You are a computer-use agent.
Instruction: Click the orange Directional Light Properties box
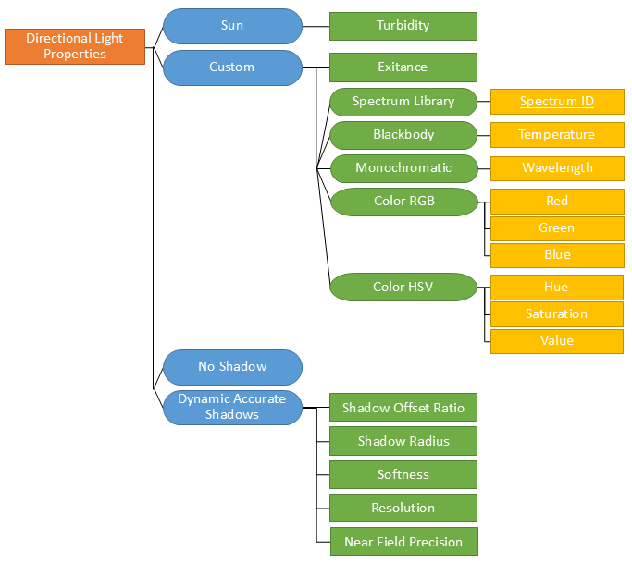tap(75, 46)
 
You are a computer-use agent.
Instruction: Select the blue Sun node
tap(232, 26)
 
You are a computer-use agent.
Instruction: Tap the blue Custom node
tap(232, 67)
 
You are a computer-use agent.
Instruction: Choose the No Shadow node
tap(232, 367)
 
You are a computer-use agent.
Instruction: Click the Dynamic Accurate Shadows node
tap(232, 408)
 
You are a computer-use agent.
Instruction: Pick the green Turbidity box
tap(403, 26)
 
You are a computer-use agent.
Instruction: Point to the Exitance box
tap(403, 67)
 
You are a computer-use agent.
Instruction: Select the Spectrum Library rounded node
tap(403, 102)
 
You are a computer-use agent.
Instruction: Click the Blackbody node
tap(403, 135)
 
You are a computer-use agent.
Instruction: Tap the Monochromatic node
tap(403, 168)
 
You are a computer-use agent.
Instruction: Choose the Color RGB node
tap(403, 202)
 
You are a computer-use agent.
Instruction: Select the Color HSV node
tap(403, 288)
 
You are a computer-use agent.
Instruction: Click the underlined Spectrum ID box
tap(557, 102)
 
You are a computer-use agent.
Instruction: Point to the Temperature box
tap(557, 135)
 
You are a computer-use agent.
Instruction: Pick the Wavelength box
tap(557, 168)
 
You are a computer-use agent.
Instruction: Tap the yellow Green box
tap(557, 228)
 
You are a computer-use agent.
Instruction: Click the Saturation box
tap(557, 314)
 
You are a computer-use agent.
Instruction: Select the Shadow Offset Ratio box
tap(403, 408)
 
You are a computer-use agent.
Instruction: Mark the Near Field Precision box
tap(403, 542)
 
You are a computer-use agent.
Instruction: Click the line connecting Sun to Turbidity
tap(316, 26)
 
